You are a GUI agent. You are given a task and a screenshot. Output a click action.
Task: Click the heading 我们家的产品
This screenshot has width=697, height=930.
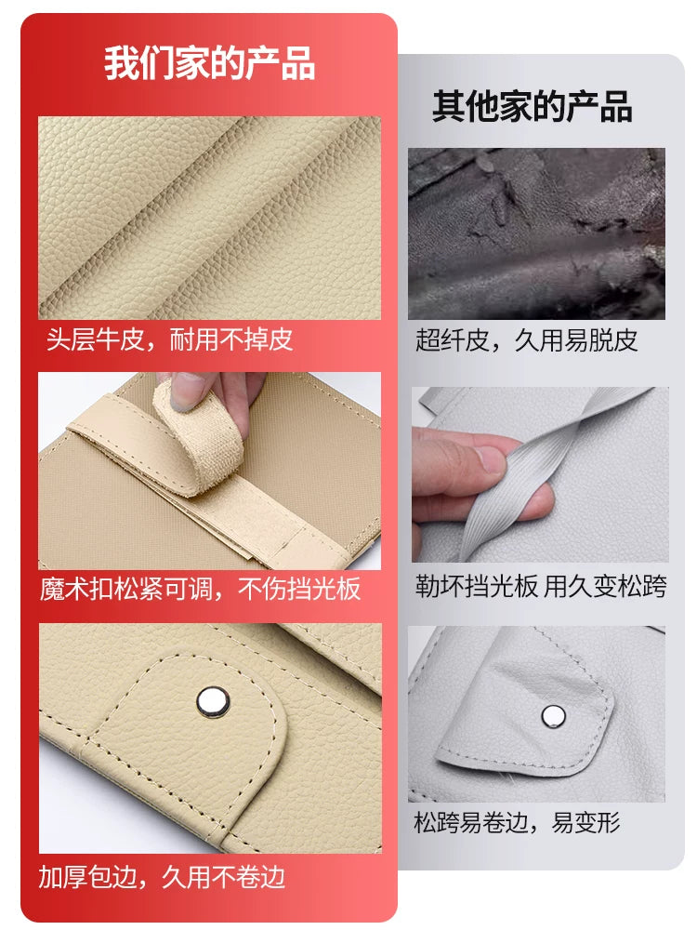tap(209, 63)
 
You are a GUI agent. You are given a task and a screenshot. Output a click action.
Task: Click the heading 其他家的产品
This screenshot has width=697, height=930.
tap(532, 107)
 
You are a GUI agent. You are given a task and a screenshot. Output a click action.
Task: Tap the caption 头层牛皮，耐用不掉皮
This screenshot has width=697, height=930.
tap(169, 339)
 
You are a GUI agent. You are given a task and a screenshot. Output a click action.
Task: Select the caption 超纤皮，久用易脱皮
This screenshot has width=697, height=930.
tap(526, 340)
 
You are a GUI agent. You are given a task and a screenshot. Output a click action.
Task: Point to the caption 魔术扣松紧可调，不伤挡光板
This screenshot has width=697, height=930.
tap(201, 589)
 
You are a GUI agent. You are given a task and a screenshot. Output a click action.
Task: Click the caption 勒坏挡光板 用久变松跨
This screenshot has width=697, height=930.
tap(541, 586)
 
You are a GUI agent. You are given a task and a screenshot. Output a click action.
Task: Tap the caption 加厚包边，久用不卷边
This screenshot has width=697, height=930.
tap(162, 877)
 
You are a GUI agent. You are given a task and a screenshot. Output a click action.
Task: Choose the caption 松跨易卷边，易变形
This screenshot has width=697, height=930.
tap(517, 823)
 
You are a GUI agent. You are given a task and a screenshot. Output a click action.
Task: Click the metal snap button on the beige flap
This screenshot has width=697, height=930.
tap(212, 701)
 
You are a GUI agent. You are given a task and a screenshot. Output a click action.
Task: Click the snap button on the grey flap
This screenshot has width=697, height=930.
tap(554, 716)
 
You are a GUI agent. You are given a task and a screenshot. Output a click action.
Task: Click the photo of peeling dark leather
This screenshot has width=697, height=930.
tap(536, 233)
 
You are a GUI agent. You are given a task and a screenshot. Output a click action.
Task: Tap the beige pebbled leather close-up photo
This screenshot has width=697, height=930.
tap(209, 218)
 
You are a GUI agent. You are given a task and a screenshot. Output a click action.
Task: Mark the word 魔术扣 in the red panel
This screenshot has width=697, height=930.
tap(76, 589)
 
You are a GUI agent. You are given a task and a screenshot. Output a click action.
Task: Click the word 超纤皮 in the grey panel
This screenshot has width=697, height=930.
tap(452, 340)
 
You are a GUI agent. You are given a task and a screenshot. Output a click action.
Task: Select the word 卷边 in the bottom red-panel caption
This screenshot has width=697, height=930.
tap(261, 877)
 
